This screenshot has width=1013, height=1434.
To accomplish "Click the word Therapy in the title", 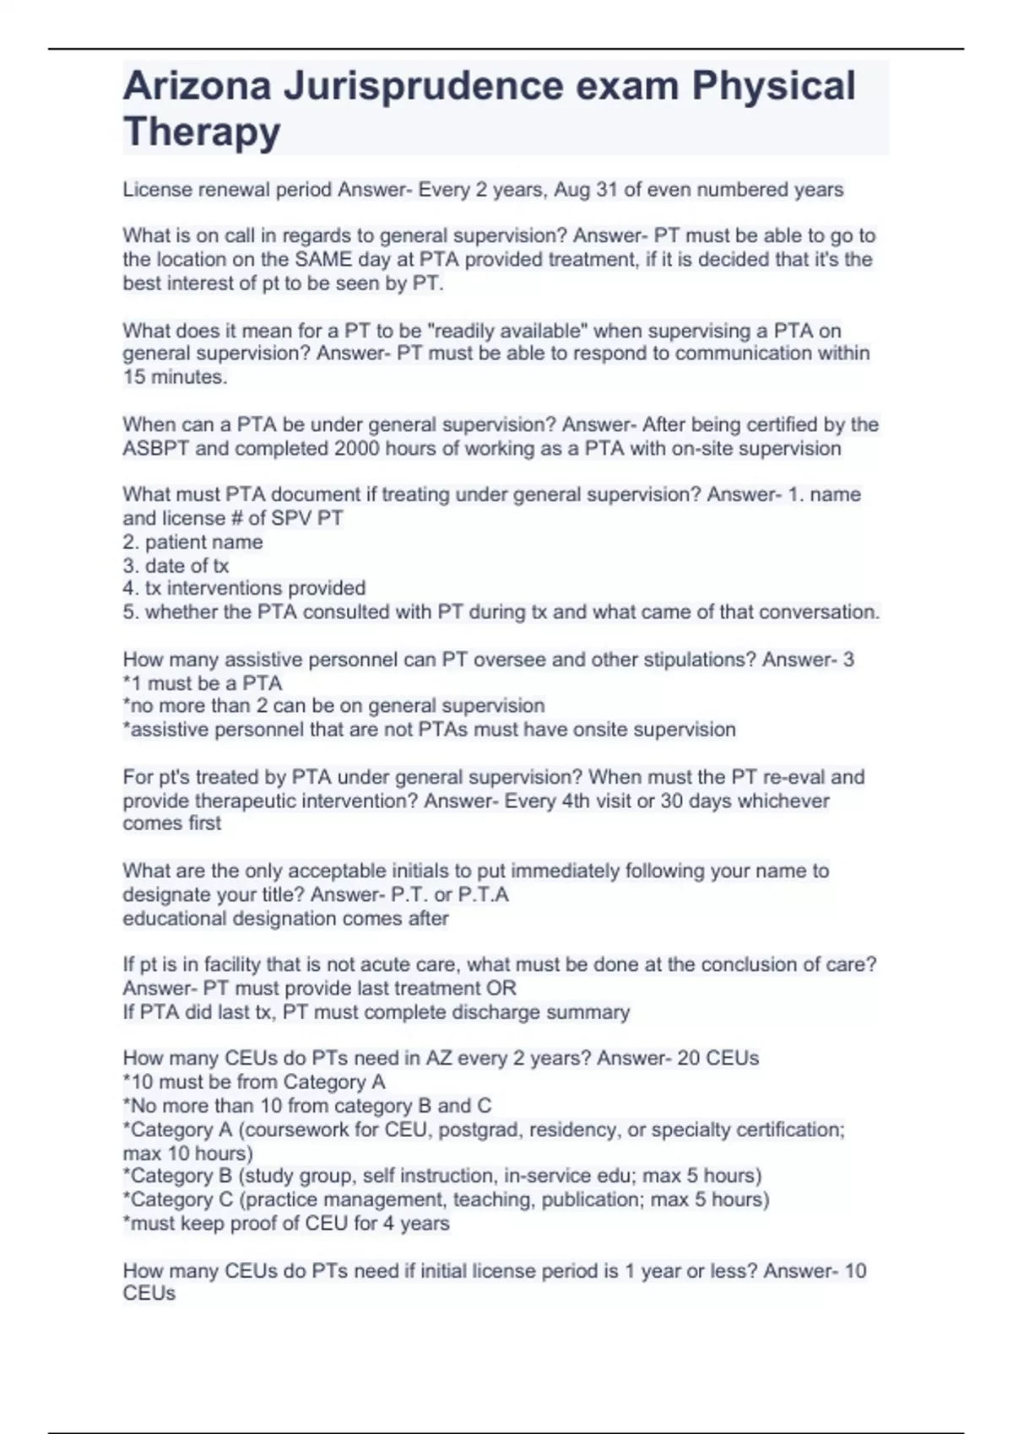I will coord(202,132).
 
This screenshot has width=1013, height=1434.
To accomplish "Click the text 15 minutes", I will coord(175,377).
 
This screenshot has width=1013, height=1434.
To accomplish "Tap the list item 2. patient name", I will coord(192,542).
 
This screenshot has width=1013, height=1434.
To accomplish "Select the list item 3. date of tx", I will coord(176,565).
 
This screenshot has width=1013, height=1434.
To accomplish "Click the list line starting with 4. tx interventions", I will coord(244,588).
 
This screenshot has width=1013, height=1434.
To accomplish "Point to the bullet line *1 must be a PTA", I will coord(203,682).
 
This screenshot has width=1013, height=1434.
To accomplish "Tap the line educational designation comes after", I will coord(285,918).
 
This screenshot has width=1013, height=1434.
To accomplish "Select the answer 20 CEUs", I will coord(718,1058).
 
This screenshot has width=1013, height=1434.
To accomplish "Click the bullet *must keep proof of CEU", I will coord(286,1223).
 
